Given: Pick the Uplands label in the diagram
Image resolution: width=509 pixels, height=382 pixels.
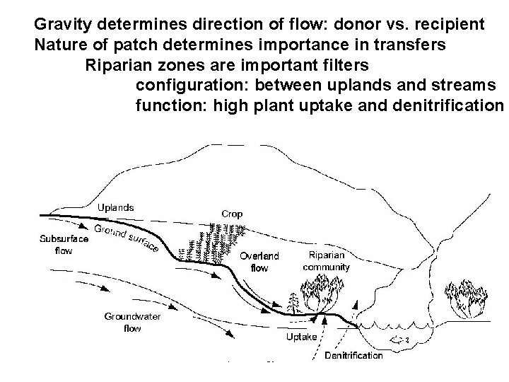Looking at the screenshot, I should pyautogui.click(x=115, y=207).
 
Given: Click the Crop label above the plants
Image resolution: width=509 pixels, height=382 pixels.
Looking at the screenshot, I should pyautogui.click(x=233, y=213).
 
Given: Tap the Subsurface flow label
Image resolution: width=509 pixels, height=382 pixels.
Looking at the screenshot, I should pyautogui.click(x=64, y=245).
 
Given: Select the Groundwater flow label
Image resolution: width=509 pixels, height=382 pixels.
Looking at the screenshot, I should pyautogui.click(x=132, y=323).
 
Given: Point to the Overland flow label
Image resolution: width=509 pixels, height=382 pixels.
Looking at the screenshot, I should pyautogui.click(x=260, y=262).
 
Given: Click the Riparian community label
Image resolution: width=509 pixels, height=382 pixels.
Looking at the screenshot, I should pyautogui.click(x=326, y=261).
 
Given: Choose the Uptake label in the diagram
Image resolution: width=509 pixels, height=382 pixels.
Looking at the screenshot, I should pyautogui.click(x=301, y=337).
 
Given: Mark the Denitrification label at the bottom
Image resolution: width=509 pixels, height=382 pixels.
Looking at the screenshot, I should pyautogui.click(x=353, y=355).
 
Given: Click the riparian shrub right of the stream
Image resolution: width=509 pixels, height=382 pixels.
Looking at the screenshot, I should pyautogui.click(x=464, y=299).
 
